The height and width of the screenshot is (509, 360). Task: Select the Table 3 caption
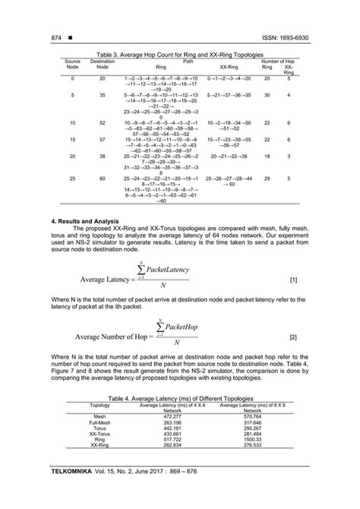(x=179, y=55)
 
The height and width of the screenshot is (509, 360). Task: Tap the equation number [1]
(x=293, y=280)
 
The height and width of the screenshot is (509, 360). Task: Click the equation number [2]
(x=293, y=335)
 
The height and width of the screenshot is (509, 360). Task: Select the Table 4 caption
(x=179, y=398)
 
